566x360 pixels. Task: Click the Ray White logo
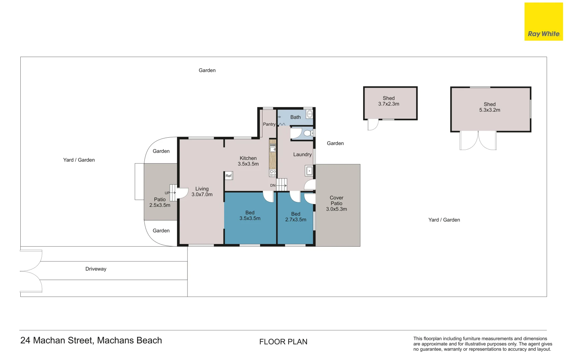tap(543, 22)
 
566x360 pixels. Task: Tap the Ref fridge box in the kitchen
tap(228, 176)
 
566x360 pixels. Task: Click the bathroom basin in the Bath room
tap(310, 114)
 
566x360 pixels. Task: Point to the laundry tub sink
tap(309, 171)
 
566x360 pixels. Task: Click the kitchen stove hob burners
tap(273, 173)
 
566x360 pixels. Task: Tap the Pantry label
tap(269, 124)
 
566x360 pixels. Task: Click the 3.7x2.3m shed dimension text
tap(389, 104)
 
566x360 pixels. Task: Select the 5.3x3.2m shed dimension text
tap(489, 110)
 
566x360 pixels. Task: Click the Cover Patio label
tap(337, 201)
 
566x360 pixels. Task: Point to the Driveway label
tap(96, 269)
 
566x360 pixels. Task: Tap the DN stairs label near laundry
tap(273, 185)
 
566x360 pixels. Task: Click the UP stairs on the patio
tap(173, 193)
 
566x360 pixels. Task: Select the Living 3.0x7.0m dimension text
tap(202, 195)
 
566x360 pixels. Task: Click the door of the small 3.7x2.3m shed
tap(373, 125)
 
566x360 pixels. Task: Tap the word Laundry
tap(302, 155)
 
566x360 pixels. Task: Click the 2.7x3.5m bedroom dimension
tap(296, 220)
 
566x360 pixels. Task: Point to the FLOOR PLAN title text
tap(283, 342)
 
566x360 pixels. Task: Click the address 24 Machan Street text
tap(91, 340)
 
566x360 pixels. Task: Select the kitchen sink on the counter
tap(272, 149)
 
